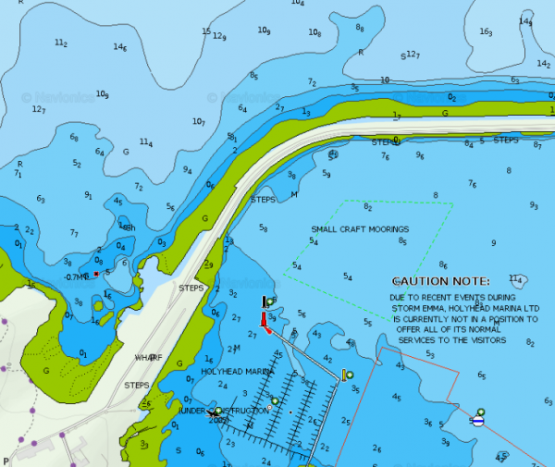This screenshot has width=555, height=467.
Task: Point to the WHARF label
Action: [148, 357]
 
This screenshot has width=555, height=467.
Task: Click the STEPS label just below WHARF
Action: [137, 385]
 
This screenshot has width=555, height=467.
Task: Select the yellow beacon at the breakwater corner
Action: [345, 375]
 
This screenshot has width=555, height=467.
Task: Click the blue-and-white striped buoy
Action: [477, 419]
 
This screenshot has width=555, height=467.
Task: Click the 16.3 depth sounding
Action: [486, 31]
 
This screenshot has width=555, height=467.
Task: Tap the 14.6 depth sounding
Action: [119, 46]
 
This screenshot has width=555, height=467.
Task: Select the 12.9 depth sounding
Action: [218, 36]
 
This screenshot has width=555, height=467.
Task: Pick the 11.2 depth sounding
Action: [61, 43]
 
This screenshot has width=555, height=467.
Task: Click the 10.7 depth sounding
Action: [198, 121]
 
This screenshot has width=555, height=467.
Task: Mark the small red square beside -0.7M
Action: [96, 274]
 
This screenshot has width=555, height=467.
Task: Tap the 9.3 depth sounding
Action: [534, 205]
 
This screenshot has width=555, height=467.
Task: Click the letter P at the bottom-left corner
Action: [6, 460]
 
